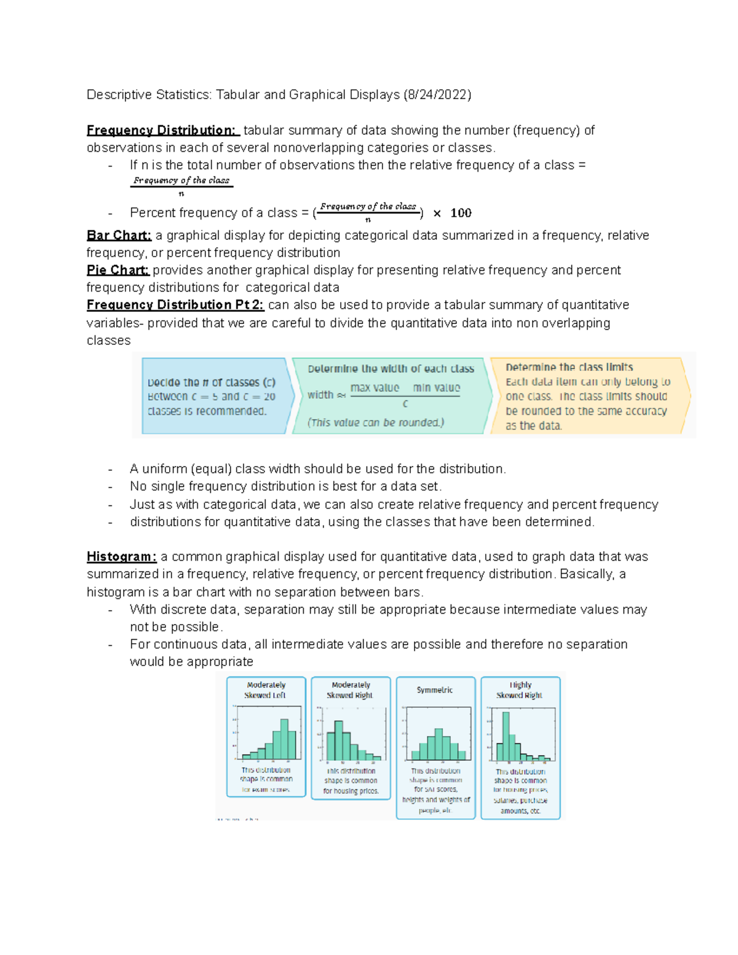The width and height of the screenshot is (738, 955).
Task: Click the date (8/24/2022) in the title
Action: point(437,95)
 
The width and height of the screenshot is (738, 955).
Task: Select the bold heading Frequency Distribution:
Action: point(161,130)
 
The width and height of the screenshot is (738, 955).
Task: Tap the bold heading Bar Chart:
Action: point(119,236)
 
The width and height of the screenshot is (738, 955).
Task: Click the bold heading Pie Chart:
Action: point(117,270)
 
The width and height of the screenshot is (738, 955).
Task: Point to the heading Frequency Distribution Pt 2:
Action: point(175,305)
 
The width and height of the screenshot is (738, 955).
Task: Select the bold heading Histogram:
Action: point(122,557)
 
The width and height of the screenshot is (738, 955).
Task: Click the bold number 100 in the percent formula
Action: point(461,213)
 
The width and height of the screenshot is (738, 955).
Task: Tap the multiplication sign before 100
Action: point(437,213)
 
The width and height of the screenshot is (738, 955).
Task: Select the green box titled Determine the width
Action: point(391,397)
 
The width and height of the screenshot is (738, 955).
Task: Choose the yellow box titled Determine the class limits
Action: point(589,397)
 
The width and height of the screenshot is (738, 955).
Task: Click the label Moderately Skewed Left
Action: point(266,690)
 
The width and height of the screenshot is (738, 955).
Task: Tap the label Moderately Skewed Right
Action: point(351,690)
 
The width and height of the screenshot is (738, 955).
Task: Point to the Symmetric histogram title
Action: point(435,690)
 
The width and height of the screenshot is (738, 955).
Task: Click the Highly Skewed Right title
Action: point(520,690)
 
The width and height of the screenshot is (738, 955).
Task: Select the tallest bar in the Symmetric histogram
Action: point(438,744)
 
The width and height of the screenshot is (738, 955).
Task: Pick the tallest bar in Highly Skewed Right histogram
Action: point(506,736)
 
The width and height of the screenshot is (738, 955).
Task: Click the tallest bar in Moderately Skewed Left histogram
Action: point(284,739)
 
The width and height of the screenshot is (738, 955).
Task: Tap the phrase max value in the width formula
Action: point(375,388)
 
